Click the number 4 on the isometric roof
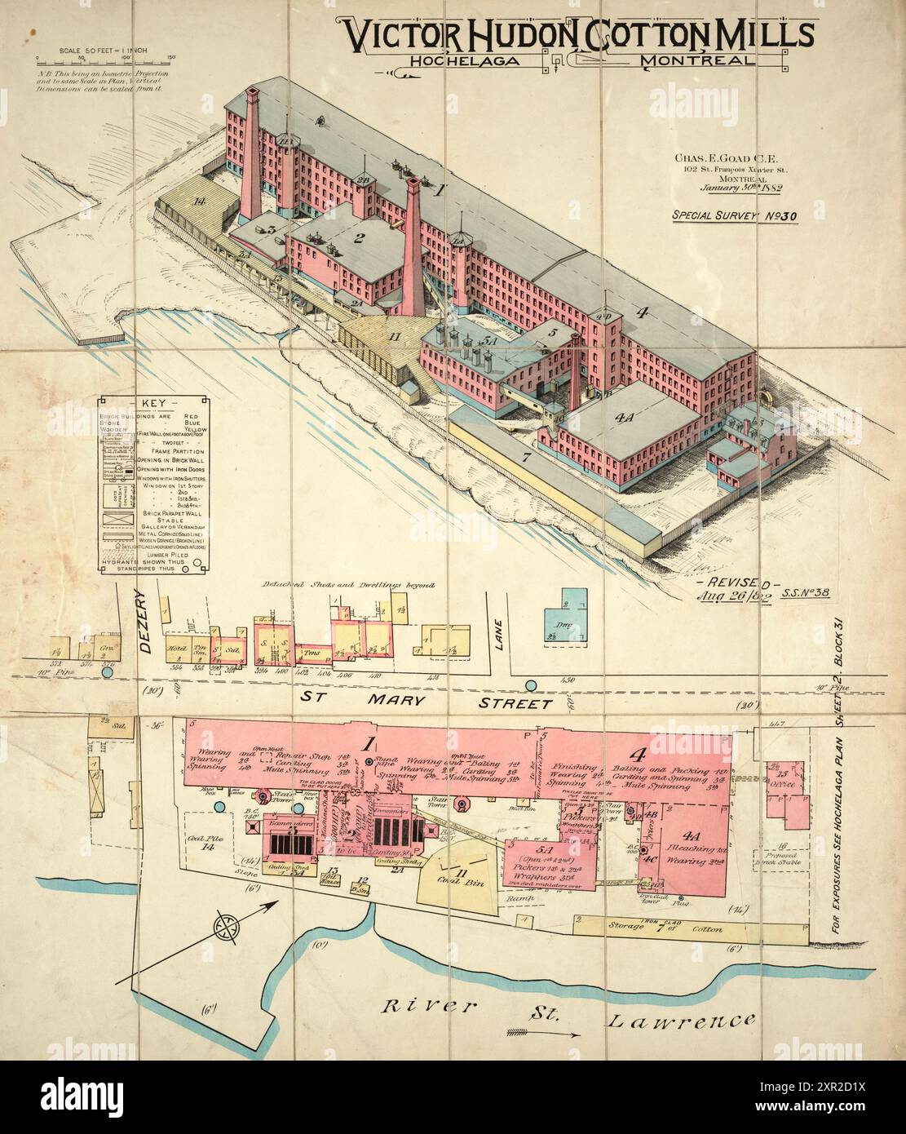643,311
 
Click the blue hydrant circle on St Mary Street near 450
532,685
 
